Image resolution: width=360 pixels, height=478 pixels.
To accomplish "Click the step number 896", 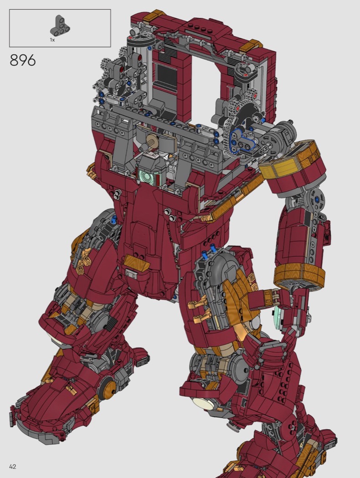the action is (x=23, y=60).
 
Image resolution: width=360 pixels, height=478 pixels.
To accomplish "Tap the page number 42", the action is (x=12, y=467).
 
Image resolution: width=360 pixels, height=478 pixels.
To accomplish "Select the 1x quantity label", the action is (x=52, y=40).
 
